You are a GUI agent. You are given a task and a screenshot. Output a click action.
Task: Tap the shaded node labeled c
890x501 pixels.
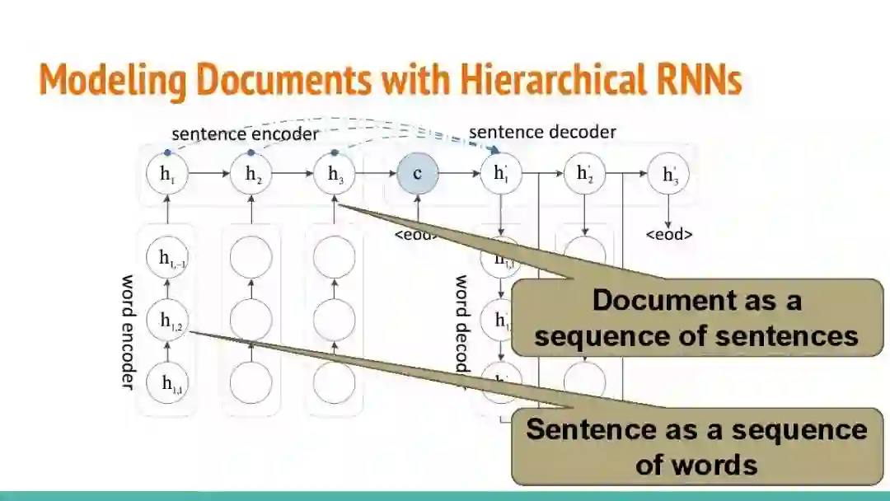coord(417,174)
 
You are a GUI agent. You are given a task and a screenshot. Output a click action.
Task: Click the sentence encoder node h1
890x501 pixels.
coord(167,174)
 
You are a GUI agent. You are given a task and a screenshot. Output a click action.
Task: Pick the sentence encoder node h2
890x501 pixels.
coord(251,174)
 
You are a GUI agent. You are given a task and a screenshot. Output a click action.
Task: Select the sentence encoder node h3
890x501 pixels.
coord(335,174)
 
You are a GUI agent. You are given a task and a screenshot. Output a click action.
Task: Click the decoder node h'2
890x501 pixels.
coord(584,174)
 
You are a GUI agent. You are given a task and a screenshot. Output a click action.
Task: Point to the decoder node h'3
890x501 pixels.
coord(668,174)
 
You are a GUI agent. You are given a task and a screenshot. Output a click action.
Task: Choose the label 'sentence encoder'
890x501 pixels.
coord(245,133)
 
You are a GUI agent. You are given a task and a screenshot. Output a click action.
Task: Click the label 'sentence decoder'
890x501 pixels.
coord(542,132)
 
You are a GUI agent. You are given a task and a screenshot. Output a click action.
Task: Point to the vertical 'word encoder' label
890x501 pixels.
coord(129,331)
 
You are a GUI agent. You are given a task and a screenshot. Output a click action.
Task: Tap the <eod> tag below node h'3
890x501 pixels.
coord(668,234)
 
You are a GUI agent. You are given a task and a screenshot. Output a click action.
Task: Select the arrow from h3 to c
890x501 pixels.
coord(376,174)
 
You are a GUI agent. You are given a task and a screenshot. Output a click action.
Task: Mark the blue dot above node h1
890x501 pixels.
coord(167,152)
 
